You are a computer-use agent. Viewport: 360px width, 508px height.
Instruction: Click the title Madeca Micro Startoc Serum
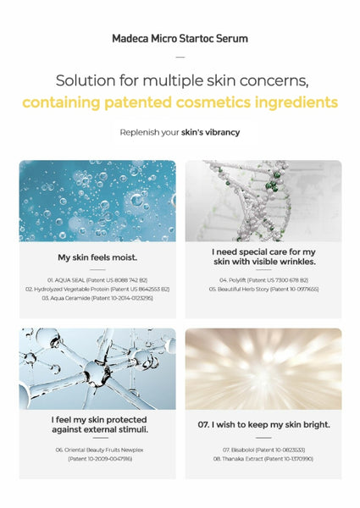click(180, 39)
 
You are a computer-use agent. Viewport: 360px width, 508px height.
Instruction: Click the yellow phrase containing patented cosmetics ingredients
click(180, 102)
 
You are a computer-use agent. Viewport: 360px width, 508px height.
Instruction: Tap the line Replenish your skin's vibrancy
click(180, 132)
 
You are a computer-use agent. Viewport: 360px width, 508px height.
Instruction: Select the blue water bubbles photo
click(97, 201)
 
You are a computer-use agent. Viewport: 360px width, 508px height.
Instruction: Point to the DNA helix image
click(263, 201)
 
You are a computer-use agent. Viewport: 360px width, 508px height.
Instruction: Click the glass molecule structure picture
click(97, 368)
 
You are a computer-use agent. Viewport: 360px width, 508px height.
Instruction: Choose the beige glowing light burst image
click(263, 368)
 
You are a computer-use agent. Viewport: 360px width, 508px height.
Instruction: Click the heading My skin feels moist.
click(97, 257)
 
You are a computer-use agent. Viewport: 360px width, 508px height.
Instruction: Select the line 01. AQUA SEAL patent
click(97, 279)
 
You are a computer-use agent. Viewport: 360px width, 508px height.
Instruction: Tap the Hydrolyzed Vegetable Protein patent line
click(97, 289)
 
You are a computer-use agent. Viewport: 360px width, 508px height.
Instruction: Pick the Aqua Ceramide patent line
click(97, 298)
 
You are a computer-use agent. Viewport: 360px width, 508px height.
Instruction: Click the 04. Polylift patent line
click(263, 279)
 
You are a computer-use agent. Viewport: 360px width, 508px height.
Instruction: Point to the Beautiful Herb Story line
click(263, 289)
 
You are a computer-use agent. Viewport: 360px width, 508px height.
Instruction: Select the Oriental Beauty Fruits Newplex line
click(97, 450)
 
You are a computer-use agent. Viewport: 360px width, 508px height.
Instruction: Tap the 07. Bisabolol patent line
click(263, 450)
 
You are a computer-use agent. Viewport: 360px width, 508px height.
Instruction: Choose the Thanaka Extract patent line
click(263, 459)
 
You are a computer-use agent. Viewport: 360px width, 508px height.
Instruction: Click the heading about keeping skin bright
click(263, 424)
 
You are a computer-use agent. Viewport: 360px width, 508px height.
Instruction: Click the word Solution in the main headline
click(87, 81)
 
